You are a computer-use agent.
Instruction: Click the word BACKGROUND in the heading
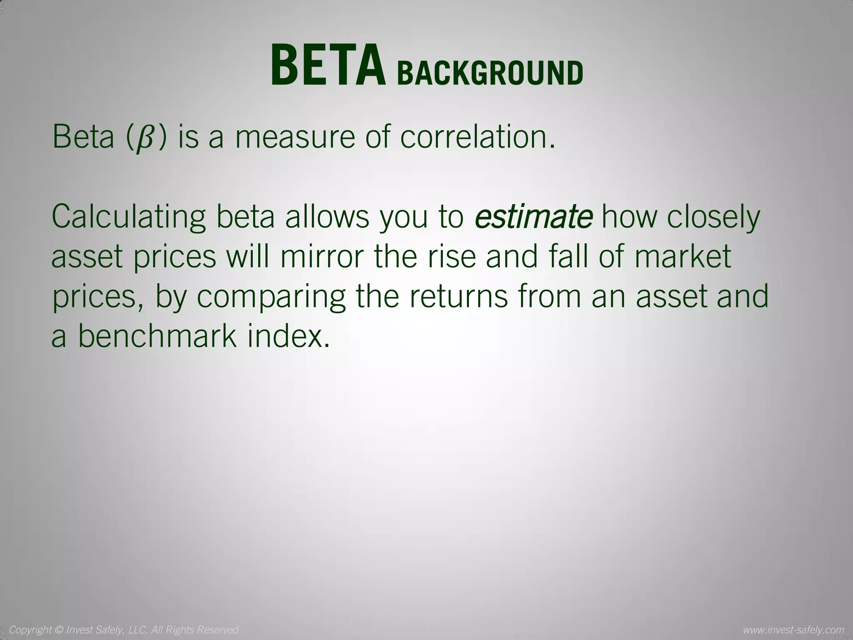[x=490, y=73]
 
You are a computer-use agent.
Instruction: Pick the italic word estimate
[x=534, y=217]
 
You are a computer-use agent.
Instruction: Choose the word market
[x=683, y=257]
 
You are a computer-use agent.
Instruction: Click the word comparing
[x=271, y=297]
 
